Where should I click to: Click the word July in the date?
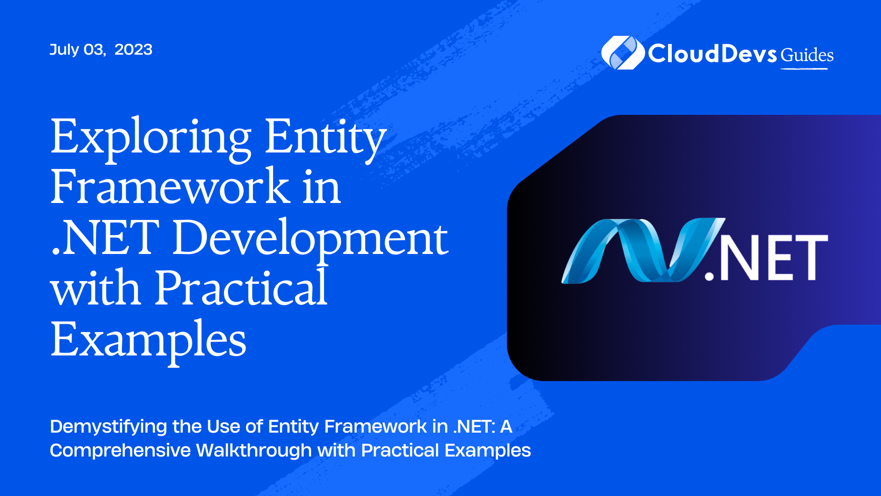click(64, 50)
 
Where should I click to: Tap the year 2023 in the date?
click(133, 50)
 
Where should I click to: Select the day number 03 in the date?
click(95, 50)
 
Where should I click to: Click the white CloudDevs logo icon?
click(623, 53)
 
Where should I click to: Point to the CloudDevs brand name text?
click(712, 54)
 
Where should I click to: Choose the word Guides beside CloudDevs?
click(807, 55)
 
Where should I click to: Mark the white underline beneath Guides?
click(804, 69)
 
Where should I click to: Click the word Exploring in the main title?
click(151, 138)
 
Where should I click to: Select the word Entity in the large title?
click(325, 138)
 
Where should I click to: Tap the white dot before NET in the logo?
click(709, 275)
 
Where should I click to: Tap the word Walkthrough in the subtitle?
click(254, 451)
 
